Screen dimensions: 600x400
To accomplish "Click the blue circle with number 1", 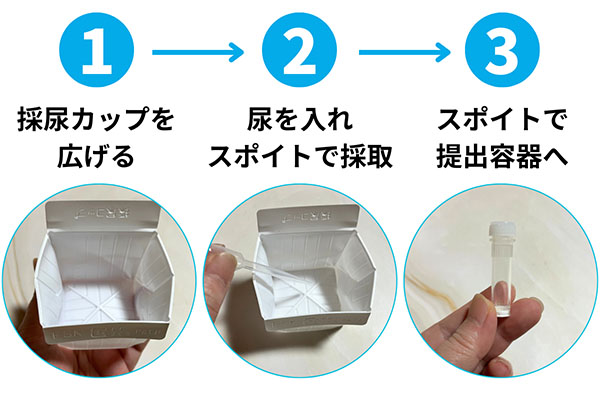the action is point(96,50).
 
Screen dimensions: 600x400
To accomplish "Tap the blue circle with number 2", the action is point(300,50).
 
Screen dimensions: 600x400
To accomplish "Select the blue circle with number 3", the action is point(502,50).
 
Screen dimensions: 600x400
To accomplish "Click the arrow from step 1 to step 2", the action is point(198,52).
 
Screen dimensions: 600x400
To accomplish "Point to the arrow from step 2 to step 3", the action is point(404,52).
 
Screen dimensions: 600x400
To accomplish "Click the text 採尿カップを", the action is point(96,120).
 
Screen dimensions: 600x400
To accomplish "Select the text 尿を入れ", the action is point(300,120).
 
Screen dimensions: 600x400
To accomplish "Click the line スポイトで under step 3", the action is point(502,120).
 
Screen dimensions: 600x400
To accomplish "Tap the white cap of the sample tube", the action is point(502,235).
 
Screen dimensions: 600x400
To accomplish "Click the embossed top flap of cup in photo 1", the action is point(103,216).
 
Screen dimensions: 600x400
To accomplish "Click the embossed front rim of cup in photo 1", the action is point(106,331).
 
